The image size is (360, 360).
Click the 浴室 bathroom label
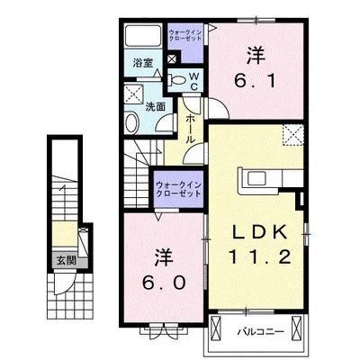click(143, 63)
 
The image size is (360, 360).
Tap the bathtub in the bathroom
click(143, 36)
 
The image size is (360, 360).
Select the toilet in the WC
click(176, 80)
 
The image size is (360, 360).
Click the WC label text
click(194, 81)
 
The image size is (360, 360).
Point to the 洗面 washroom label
click(156, 107)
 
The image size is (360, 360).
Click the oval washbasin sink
click(131, 122)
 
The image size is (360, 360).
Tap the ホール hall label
click(190, 129)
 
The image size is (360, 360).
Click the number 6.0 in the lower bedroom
click(163, 269)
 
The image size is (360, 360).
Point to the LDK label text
click(260, 233)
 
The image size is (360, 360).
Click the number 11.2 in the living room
click(260, 257)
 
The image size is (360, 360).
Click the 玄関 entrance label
click(66, 261)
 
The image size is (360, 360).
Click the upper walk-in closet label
click(184, 35)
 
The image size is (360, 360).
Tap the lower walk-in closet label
click(178, 189)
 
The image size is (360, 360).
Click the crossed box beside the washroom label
click(134, 94)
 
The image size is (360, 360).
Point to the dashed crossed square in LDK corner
click(293, 135)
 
